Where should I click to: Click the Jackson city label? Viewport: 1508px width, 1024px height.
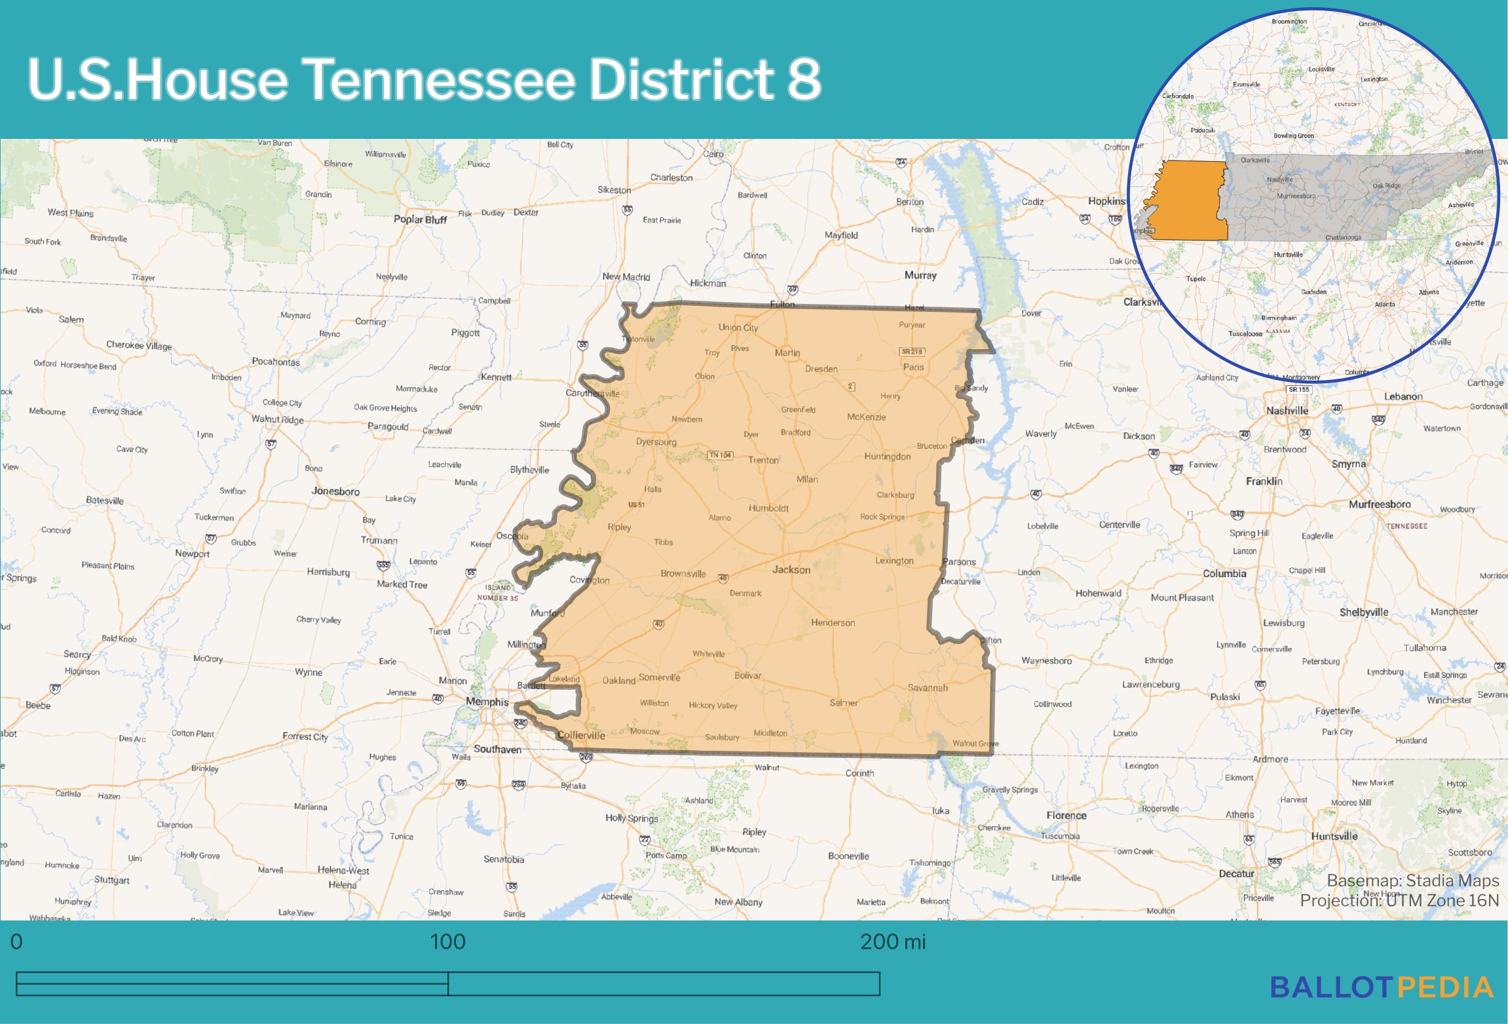click(x=791, y=570)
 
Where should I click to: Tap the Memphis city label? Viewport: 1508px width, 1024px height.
click(x=487, y=702)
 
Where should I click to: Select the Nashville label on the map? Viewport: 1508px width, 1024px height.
click(x=1287, y=411)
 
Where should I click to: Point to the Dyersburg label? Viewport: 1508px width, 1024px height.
click(x=656, y=442)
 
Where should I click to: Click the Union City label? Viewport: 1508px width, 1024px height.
click(x=738, y=328)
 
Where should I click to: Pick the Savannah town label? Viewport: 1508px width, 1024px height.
click(x=928, y=687)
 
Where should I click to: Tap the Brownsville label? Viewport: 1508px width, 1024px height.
click(x=683, y=574)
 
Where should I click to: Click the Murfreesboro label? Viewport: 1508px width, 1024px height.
click(x=1379, y=504)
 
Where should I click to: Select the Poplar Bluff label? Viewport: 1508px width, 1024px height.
click(x=420, y=219)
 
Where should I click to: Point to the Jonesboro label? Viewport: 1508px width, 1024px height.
click(x=335, y=491)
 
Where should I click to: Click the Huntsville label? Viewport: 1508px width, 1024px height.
click(x=1334, y=837)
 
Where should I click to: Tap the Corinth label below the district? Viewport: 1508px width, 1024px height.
click(x=859, y=773)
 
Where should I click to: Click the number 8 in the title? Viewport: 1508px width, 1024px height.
click(x=804, y=79)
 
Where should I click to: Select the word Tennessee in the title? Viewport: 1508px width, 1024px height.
click(x=440, y=79)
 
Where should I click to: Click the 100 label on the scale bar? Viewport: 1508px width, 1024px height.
click(x=447, y=941)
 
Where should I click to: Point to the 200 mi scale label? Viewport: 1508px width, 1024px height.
click(x=892, y=941)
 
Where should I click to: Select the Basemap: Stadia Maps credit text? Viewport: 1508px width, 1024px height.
click(x=1412, y=881)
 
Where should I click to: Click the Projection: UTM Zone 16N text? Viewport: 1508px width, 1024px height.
click(x=1399, y=901)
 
